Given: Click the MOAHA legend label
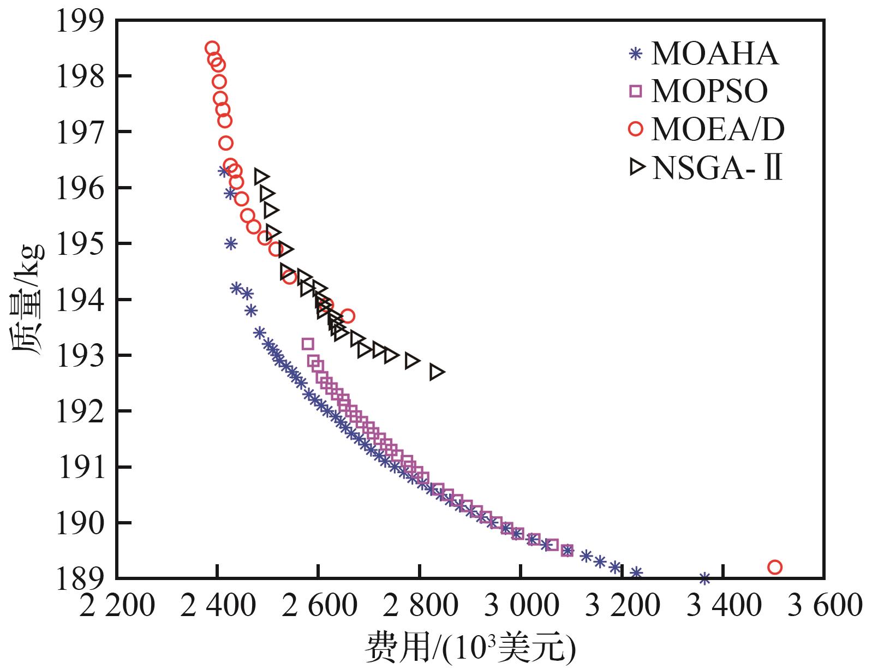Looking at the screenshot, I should tap(715, 53).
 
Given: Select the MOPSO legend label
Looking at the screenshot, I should tap(709, 91).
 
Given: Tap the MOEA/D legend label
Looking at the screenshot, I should tap(718, 129).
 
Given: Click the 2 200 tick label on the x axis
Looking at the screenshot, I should tap(117, 606).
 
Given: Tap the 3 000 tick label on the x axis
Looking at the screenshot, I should tap(521, 606).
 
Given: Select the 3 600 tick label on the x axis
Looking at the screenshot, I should tap(824, 606).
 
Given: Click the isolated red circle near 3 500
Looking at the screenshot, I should tap(774, 567).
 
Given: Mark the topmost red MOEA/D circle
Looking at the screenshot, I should tap(212, 48).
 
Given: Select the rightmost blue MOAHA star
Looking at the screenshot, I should tap(704, 578).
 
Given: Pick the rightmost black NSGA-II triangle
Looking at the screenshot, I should tap(437, 372).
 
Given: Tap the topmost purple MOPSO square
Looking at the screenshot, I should tap(308, 344).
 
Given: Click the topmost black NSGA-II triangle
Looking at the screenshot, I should tap(262, 176).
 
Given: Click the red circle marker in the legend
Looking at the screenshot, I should tap(636, 129).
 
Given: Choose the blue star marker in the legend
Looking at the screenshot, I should tap(635, 54).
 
